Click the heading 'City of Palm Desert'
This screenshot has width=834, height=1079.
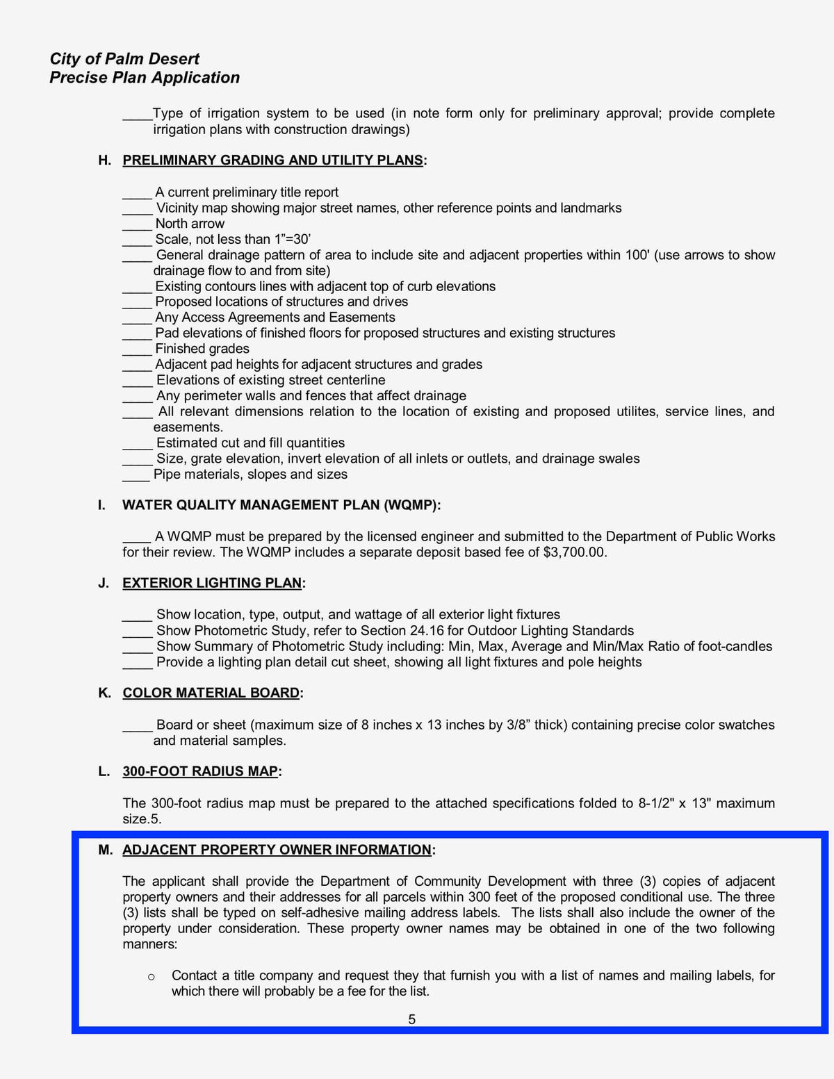click(x=124, y=59)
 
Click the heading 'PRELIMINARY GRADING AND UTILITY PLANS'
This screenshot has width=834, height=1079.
click(x=272, y=160)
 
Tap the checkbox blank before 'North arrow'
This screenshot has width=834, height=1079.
click(x=137, y=224)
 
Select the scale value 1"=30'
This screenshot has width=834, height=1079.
click(x=293, y=240)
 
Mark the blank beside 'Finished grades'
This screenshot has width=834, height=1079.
click(x=137, y=349)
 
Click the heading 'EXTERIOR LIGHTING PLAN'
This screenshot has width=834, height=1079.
click(x=212, y=584)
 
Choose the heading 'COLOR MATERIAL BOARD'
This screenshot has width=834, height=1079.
click(x=211, y=693)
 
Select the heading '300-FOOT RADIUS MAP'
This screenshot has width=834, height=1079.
click(x=200, y=772)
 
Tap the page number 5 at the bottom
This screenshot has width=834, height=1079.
click(x=412, y=1020)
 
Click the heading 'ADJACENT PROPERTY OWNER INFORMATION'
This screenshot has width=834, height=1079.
click(x=277, y=850)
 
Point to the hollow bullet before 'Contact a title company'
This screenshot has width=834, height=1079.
click(x=152, y=978)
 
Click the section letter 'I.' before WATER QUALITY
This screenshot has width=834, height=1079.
click(x=102, y=506)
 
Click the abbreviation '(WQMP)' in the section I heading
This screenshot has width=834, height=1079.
click(x=411, y=506)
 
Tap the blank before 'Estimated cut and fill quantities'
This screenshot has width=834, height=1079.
click(x=137, y=444)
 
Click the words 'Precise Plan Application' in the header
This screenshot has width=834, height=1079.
click(x=145, y=78)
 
